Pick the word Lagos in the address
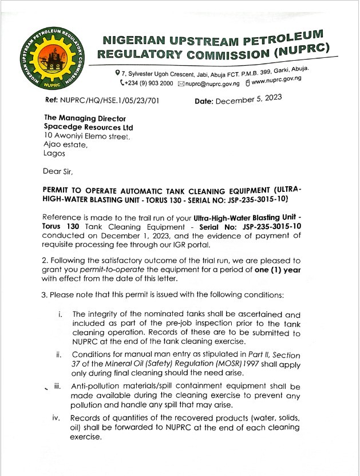tap(54, 154)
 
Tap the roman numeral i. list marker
tap(60, 314)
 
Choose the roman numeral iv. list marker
tap(56, 418)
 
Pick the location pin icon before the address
tap(117, 73)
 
